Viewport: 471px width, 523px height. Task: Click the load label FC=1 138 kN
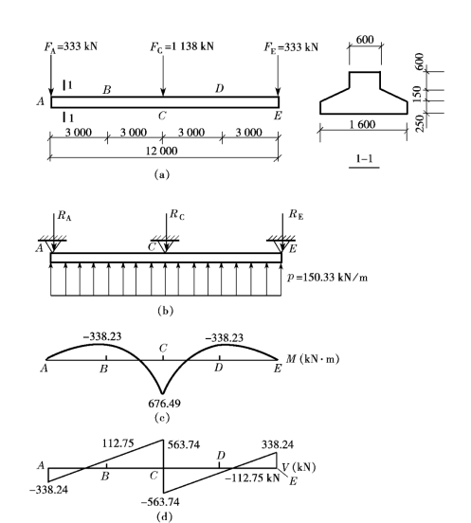tap(182, 46)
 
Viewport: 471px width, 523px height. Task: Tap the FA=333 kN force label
tap(71, 46)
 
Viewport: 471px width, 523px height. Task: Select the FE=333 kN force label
tap(291, 47)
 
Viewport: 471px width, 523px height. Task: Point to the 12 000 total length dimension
tap(162, 151)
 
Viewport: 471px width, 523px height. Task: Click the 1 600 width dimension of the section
tap(362, 124)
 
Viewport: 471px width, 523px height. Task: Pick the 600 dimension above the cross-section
tap(365, 40)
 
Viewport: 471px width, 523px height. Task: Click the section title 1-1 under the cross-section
tap(364, 158)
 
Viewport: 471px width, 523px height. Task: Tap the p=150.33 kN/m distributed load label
tap(327, 278)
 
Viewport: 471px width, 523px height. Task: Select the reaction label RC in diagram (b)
tap(177, 214)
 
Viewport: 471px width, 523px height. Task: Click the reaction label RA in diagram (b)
tap(64, 216)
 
